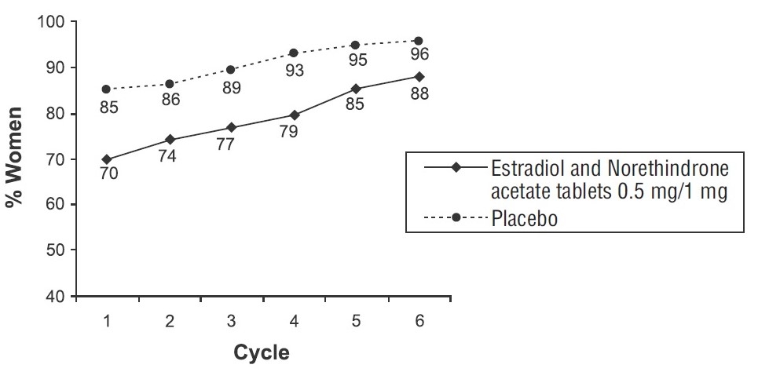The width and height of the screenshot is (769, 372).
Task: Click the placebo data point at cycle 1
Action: [106, 89]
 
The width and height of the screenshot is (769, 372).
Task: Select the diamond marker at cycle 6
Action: [419, 76]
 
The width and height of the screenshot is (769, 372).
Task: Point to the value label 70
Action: [108, 175]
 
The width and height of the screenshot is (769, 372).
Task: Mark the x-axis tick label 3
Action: [231, 321]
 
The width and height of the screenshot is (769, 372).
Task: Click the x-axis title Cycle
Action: [262, 353]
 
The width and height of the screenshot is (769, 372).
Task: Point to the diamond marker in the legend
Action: [456, 167]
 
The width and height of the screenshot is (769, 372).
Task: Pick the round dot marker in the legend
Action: [456, 219]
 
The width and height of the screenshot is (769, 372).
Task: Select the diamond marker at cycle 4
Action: [294, 115]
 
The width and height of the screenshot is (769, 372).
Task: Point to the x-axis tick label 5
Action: [356, 321]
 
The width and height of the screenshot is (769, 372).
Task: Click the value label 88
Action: [419, 94]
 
